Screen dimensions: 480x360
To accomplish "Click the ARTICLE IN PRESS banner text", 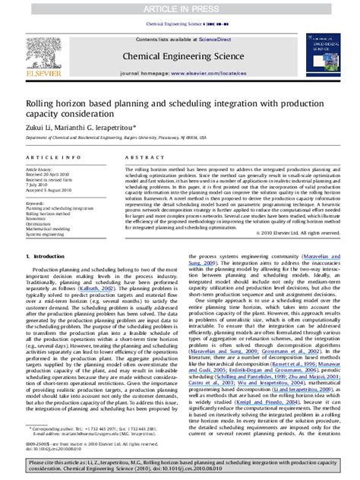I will coord(179,6).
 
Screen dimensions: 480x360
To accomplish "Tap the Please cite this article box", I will coord(179,465).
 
